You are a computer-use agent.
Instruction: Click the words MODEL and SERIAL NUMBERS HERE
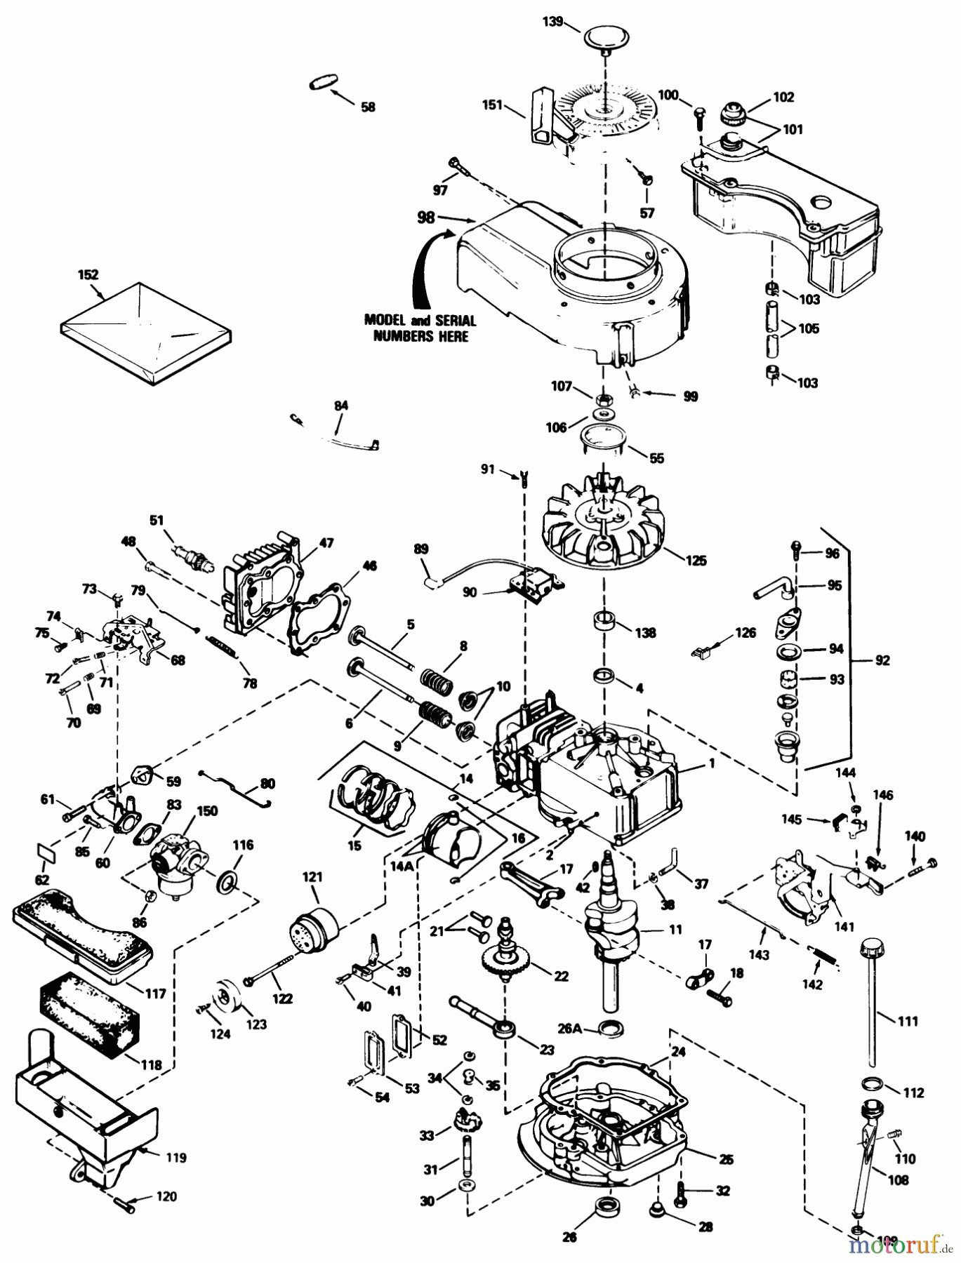click(421, 328)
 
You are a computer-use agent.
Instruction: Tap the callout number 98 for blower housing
click(425, 218)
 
